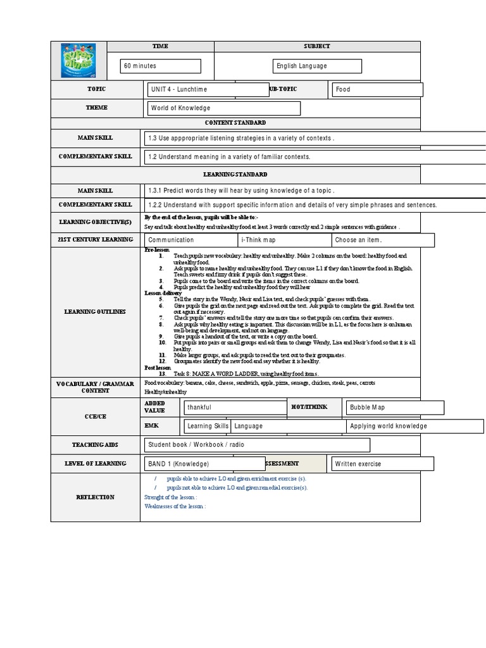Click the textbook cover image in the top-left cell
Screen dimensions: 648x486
click(78, 59)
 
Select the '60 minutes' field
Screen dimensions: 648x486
click(160, 66)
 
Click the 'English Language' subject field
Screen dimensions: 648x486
click(317, 66)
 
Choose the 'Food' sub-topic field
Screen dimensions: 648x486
click(377, 90)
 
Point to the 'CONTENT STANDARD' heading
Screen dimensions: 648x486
click(235, 123)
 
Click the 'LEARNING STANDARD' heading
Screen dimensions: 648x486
click(235, 174)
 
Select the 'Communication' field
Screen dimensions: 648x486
click(191, 240)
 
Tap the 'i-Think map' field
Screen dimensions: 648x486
click(284, 240)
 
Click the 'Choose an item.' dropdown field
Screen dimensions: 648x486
click(383, 240)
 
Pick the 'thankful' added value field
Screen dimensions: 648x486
click(235, 408)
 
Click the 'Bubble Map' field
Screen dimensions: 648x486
click(387, 408)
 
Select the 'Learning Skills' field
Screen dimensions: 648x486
click(207, 427)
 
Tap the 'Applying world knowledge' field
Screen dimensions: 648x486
click(390, 427)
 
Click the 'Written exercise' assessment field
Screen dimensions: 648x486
click(382, 464)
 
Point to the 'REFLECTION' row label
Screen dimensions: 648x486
click(95, 497)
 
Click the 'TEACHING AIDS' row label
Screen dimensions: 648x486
click(95, 445)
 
